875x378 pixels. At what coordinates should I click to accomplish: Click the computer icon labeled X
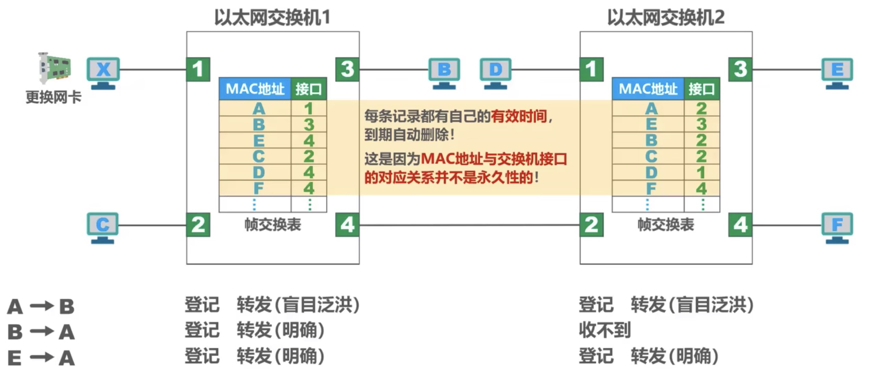point(103,72)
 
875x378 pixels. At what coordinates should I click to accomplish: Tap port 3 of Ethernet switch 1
point(347,69)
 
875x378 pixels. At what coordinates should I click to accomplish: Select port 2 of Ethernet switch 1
point(198,225)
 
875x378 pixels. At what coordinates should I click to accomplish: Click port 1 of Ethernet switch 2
point(591,69)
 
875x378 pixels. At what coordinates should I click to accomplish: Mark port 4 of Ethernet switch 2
point(740,225)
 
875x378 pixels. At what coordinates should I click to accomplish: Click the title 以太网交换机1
point(272,17)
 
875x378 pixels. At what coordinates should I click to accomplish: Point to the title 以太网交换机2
point(666,17)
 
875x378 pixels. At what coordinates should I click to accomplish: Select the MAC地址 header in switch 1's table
point(255,89)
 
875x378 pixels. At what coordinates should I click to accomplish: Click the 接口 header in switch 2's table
point(702,89)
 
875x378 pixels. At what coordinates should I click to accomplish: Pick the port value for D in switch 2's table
point(701,172)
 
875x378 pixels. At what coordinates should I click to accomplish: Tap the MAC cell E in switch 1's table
point(259,140)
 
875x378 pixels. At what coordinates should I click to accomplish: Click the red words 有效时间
point(518,116)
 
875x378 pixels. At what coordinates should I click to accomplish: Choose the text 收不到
point(605,330)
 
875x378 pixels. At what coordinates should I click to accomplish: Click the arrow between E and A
point(42,357)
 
